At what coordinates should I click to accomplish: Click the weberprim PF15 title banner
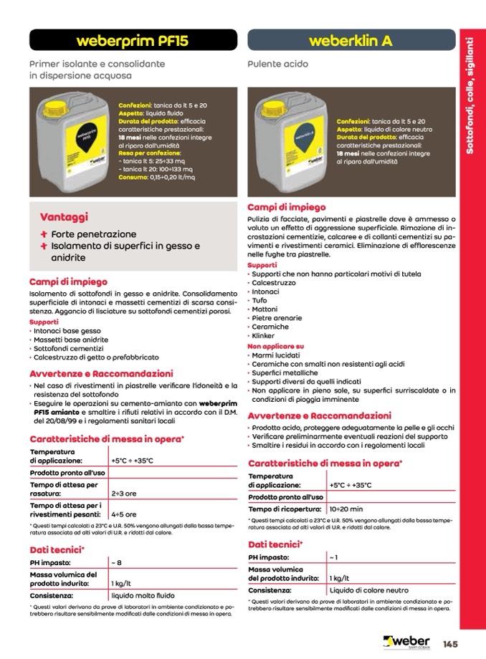point(131,41)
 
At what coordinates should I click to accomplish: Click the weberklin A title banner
point(351,41)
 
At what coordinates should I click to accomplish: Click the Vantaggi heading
point(64,216)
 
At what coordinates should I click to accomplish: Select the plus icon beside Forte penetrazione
point(44,234)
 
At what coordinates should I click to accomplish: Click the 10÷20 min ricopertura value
point(346,509)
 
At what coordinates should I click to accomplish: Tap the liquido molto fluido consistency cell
point(143,595)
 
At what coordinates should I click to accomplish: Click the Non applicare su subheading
point(276,345)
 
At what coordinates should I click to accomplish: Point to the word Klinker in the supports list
point(263,335)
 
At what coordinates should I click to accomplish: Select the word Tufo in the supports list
point(259,301)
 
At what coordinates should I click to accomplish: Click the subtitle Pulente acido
point(277,64)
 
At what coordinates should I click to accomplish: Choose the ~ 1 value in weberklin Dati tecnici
point(333,557)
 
